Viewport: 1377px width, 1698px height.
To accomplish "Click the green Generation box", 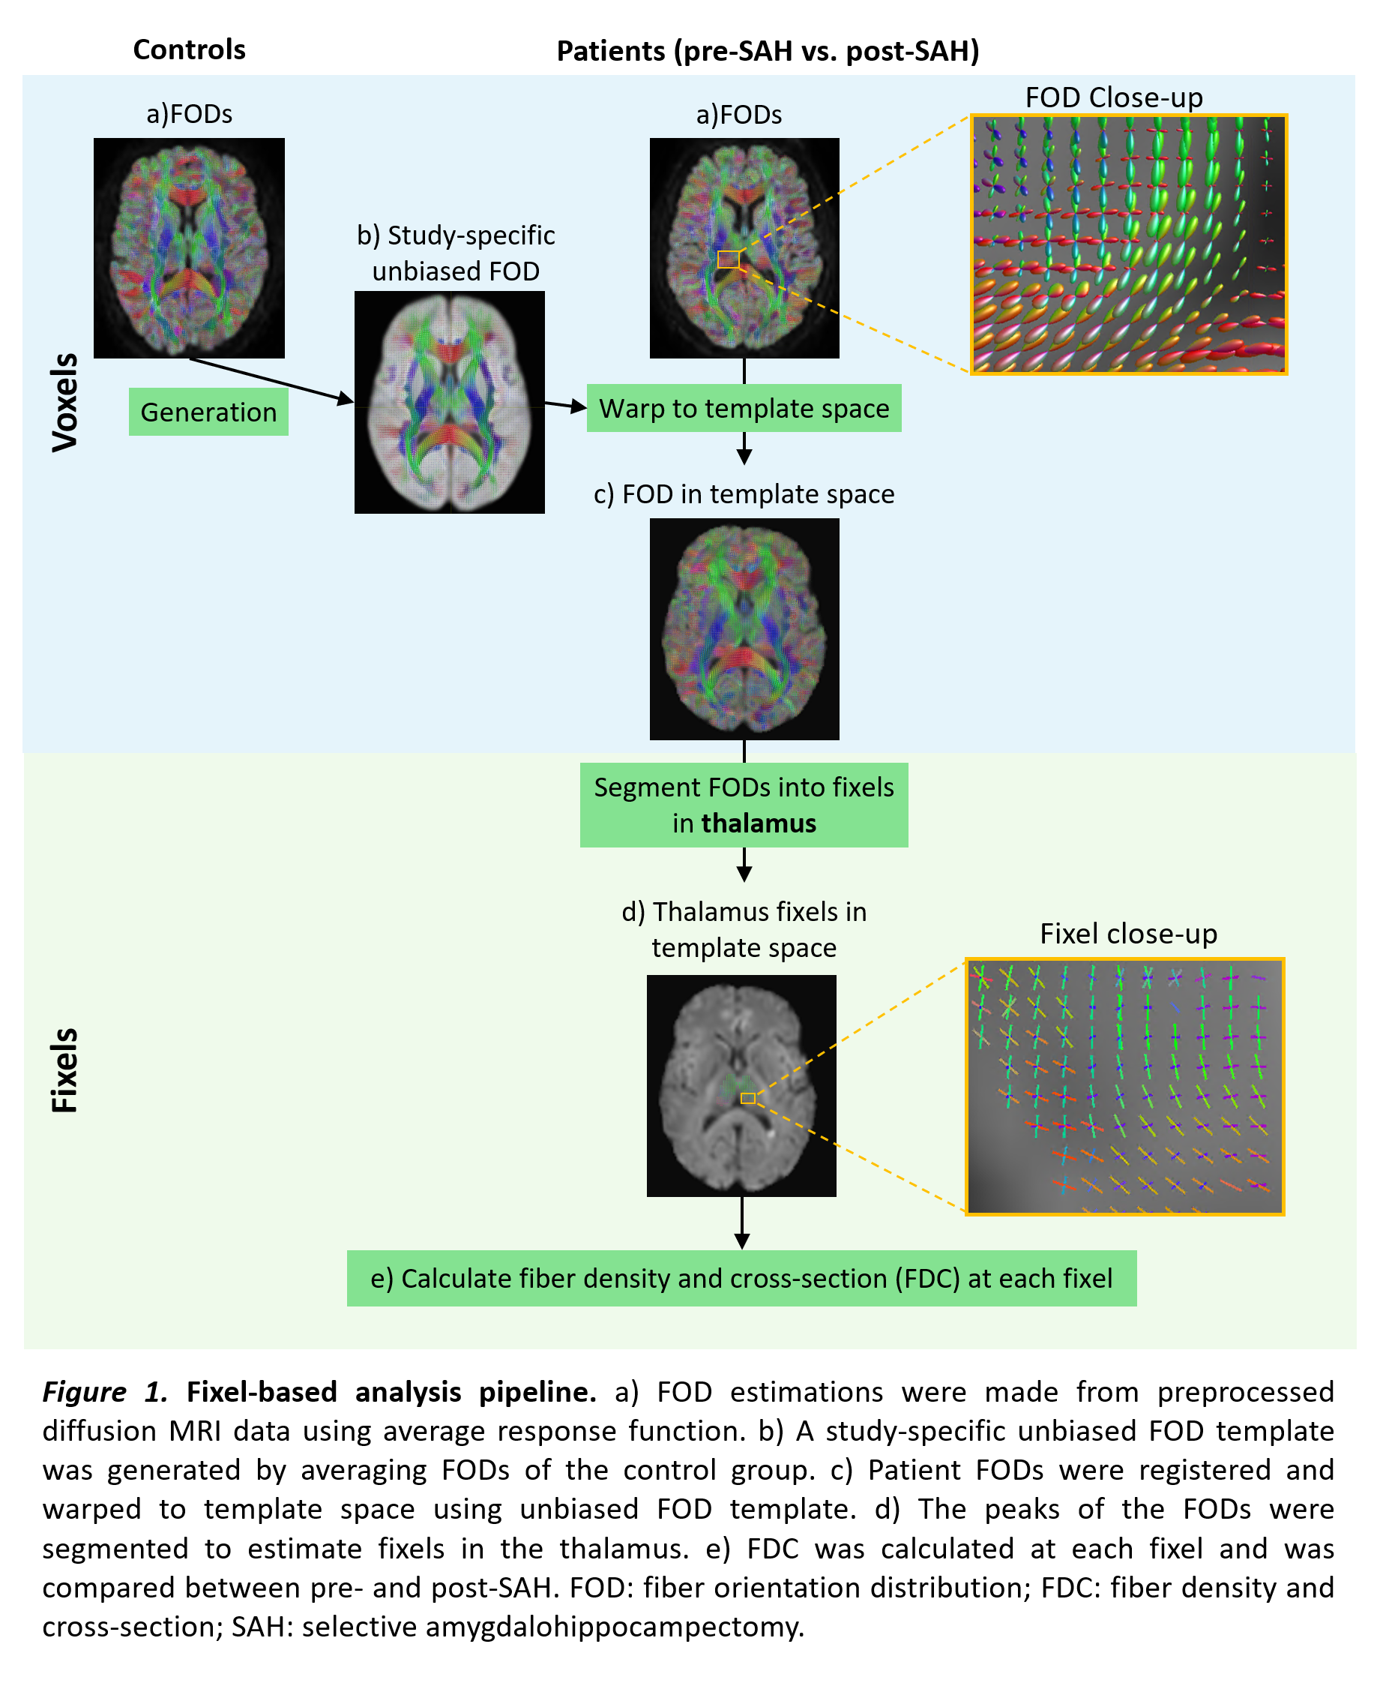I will click(x=208, y=412).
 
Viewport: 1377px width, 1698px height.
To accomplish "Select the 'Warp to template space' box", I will click(x=744, y=408).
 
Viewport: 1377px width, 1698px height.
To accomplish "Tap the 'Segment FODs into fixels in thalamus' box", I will click(x=744, y=805).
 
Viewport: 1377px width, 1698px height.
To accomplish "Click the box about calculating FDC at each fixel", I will click(x=741, y=1278).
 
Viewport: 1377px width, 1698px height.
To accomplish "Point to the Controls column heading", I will click(x=189, y=50).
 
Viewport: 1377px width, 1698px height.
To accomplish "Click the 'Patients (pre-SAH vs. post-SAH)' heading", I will click(x=767, y=52).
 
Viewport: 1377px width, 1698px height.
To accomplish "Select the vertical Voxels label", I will click(x=64, y=402).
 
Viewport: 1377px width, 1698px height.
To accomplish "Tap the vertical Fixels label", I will click(x=64, y=1069).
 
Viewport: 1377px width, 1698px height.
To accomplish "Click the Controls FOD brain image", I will click(x=189, y=247).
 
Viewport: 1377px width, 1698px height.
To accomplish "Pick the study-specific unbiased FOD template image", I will click(x=449, y=402).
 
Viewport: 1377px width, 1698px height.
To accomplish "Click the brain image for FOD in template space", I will click(x=744, y=628).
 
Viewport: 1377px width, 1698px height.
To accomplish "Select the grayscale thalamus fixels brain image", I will click(x=741, y=1085).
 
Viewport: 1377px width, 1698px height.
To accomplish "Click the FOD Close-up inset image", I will click(x=1128, y=244).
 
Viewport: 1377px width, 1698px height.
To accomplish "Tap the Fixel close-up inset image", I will click(x=1124, y=1086).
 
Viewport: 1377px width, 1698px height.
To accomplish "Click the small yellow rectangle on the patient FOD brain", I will click(x=728, y=259).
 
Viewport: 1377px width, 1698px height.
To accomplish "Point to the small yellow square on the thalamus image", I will click(x=747, y=1098).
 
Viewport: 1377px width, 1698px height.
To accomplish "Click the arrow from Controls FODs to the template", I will click(x=270, y=380).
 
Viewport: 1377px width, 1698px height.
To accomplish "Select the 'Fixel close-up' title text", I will click(x=1128, y=934).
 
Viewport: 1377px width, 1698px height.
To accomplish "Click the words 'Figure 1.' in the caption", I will click(x=104, y=1392).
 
